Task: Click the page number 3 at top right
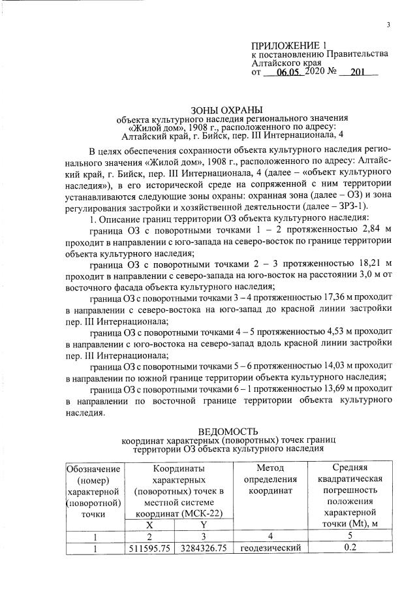389,25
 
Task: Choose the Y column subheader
204,524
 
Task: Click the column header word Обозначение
93,468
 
